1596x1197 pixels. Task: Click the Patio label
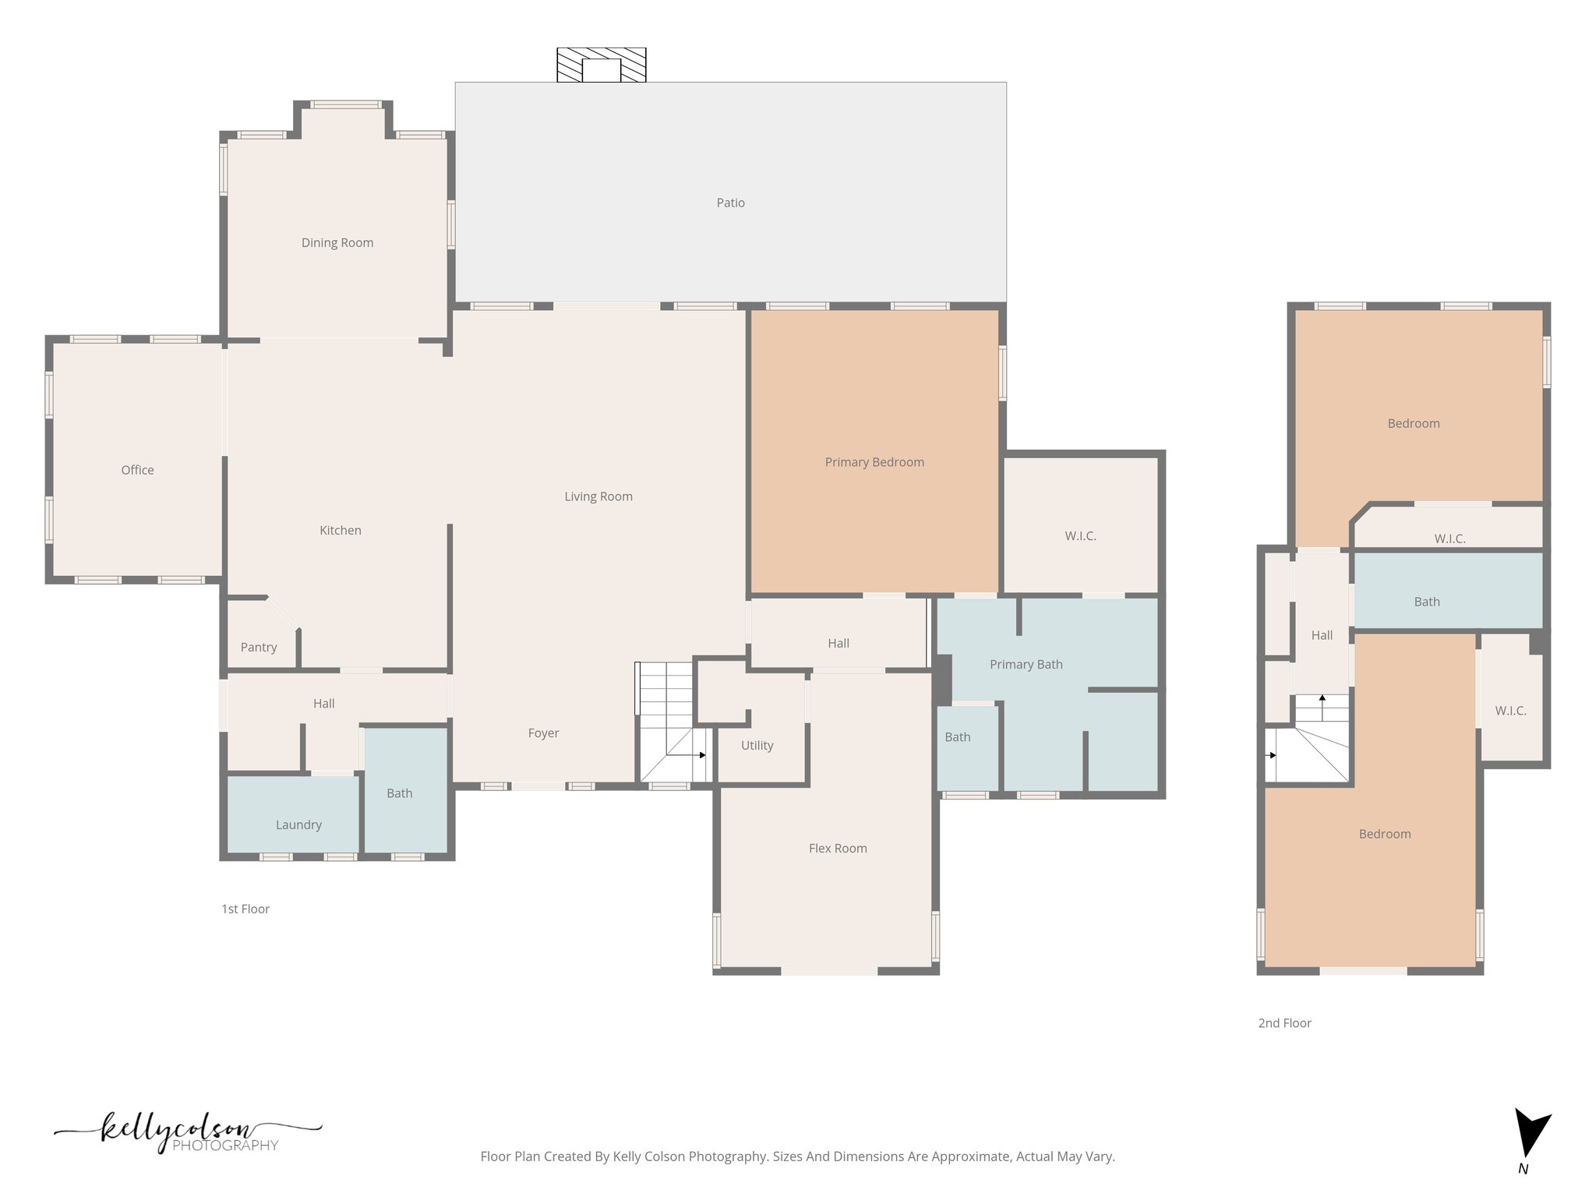click(730, 203)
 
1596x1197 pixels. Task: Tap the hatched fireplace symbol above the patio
click(601, 65)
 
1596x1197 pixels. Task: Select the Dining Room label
click(337, 242)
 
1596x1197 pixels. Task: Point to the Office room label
click(137, 470)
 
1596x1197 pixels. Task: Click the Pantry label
click(258, 647)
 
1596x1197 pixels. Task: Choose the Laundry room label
click(298, 824)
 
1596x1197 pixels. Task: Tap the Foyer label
click(543, 733)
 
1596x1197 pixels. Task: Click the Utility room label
click(757, 745)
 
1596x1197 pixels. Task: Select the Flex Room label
click(837, 848)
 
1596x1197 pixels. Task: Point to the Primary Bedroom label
click(874, 462)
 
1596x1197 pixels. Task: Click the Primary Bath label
click(1026, 664)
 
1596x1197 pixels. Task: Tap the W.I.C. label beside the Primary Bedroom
click(1080, 536)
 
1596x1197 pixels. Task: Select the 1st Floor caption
click(245, 909)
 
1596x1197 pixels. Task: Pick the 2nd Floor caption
click(1284, 1022)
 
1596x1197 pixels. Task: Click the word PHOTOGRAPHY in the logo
click(224, 1146)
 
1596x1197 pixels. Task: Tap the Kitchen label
click(340, 530)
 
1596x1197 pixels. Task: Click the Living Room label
click(598, 496)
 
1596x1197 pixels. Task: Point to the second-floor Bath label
click(1426, 602)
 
